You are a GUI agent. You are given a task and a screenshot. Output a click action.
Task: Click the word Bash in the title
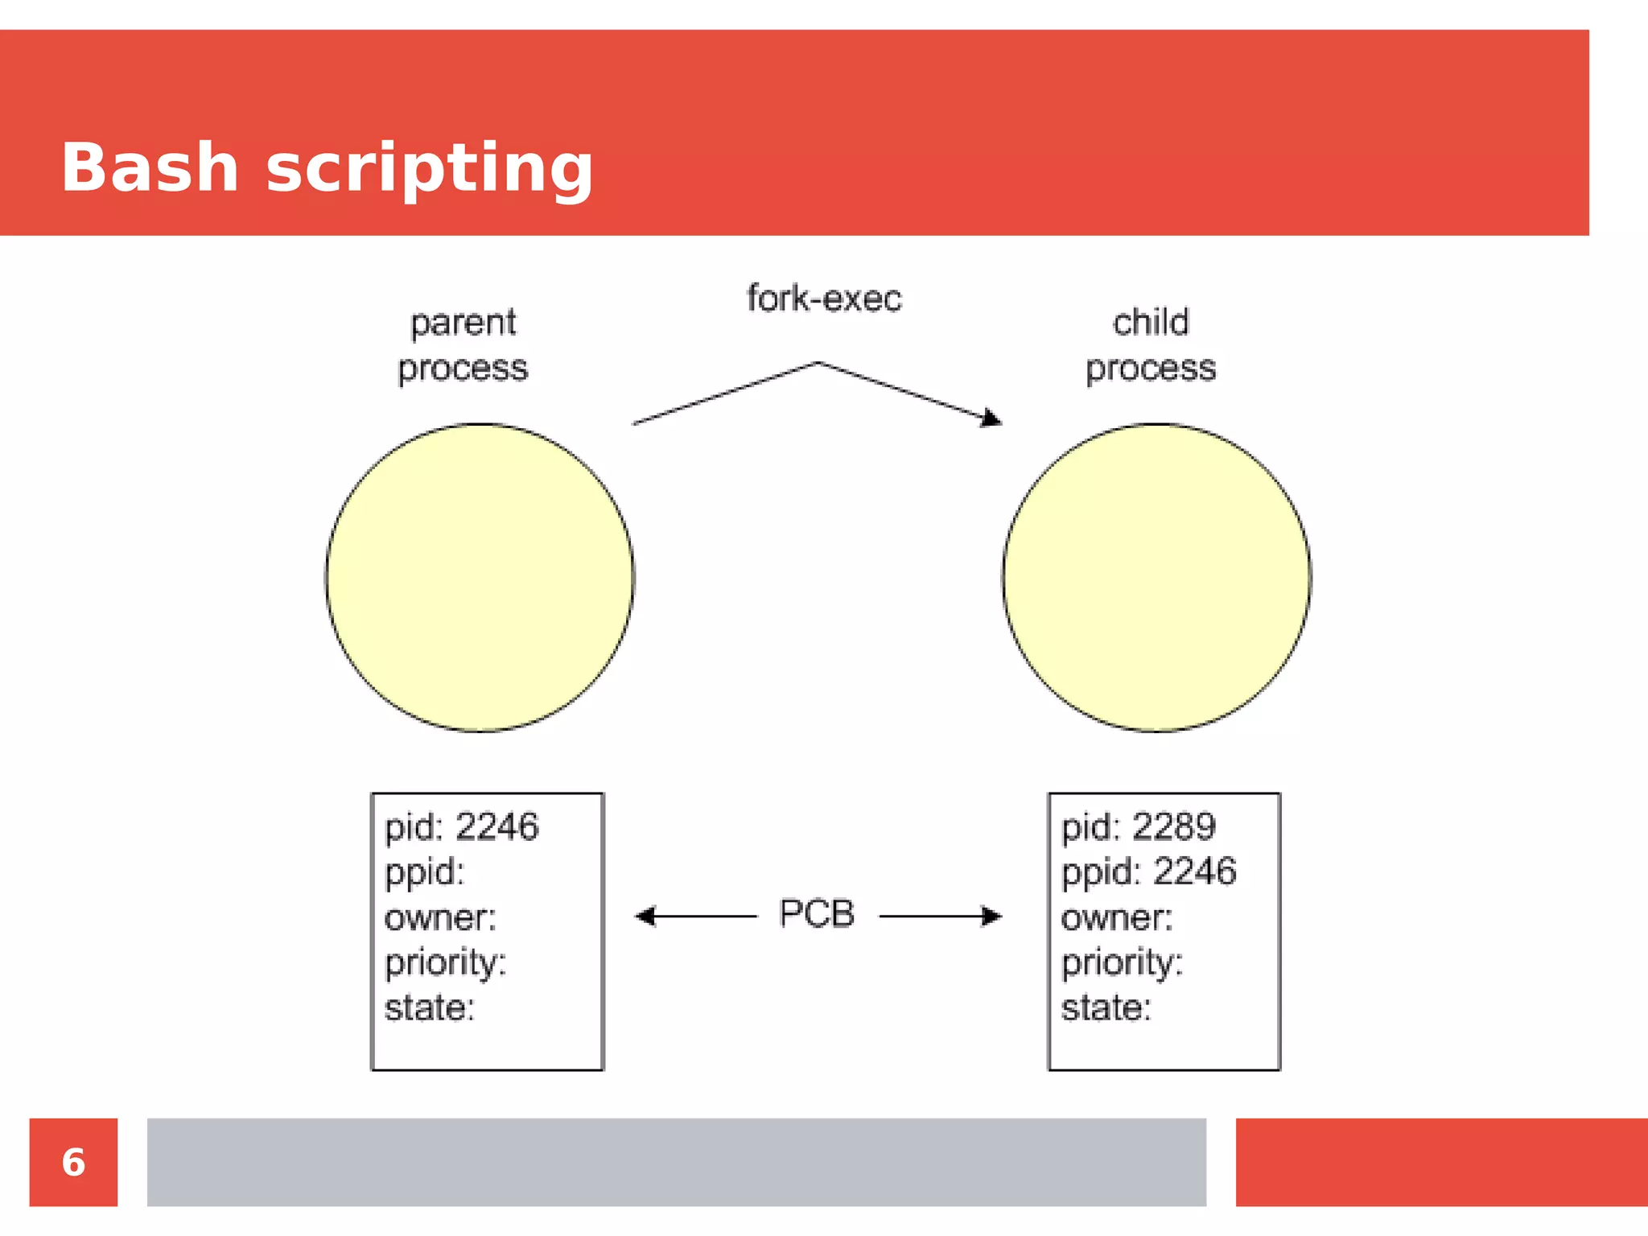pos(150,167)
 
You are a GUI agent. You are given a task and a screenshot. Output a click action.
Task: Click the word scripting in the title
pos(429,169)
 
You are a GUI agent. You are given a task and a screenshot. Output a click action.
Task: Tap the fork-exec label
pos(824,299)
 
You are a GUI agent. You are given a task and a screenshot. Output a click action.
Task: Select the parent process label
pos(463,345)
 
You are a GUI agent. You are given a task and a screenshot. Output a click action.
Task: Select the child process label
pos(1151,345)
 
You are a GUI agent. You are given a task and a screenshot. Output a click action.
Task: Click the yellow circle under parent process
pos(480,578)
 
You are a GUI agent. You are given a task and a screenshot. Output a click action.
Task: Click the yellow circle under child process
pos(1157,578)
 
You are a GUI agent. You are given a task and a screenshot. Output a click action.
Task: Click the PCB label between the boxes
pos(816,914)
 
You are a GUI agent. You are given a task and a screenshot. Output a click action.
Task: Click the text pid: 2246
pos(461,827)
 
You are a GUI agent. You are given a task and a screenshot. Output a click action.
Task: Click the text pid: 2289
pos(1138,827)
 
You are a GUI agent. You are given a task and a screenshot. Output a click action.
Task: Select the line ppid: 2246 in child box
pos(1148,872)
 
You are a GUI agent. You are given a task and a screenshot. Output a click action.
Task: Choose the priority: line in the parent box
pos(445,963)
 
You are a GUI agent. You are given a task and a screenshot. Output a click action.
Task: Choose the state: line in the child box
pos(1106,1007)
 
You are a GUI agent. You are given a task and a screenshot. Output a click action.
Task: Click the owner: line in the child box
pos(1116,918)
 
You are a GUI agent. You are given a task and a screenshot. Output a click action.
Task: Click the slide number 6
pos(73,1162)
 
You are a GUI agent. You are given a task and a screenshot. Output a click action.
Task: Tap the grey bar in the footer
pos(676,1162)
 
